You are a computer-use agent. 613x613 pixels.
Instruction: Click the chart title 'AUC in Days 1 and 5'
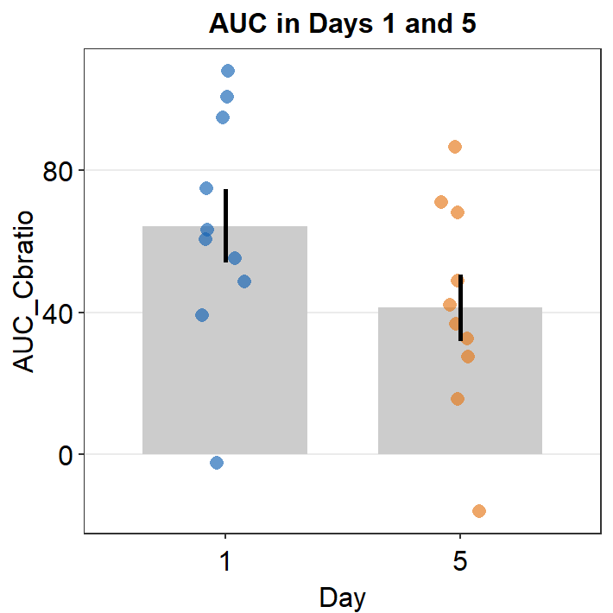[x=343, y=25]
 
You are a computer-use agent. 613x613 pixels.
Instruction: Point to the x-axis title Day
[x=342, y=597]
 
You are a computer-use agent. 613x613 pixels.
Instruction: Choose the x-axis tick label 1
[x=225, y=562]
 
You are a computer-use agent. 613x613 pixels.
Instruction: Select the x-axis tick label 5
[x=460, y=562]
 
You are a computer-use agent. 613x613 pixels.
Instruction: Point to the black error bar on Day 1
[x=226, y=224]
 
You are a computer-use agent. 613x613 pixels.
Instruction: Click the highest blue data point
[x=228, y=71]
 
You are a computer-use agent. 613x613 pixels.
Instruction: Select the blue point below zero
[x=217, y=463]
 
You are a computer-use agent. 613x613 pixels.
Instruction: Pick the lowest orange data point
[x=479, y=511]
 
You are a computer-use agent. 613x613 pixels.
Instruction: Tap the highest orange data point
[x=455, y=147]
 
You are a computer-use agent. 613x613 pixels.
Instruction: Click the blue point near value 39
[x=202, y=315]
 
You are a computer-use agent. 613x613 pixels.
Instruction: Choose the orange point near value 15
[x=458, y=399]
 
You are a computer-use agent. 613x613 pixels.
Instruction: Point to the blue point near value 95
[x=223, y=117]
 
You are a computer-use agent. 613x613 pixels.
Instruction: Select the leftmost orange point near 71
[x=441, y=202]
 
